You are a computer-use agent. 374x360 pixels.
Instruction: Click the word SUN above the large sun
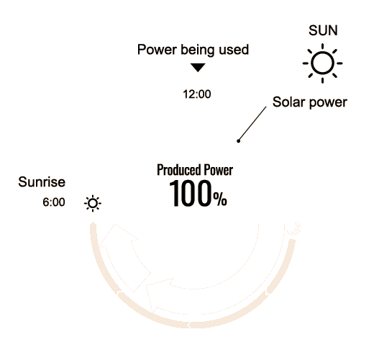323,30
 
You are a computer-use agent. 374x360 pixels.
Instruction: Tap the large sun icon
322,63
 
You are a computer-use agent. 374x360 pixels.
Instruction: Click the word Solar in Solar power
289,102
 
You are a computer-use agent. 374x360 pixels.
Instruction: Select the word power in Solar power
328,103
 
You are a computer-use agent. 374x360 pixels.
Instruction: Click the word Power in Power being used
157,50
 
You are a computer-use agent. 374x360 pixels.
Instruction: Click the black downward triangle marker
198,67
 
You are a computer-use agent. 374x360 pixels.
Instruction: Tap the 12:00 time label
197,94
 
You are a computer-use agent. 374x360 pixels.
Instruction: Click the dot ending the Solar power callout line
238,141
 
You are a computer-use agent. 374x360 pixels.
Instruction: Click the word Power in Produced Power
219,170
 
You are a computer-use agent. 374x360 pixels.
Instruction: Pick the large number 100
191,194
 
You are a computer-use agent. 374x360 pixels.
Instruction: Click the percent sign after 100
220,199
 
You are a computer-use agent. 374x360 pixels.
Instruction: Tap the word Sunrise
42,181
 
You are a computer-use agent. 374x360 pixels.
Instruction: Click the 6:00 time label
54,202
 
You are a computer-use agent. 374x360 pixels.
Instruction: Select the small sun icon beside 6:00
93,203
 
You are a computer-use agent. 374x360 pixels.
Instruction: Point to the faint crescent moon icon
294,229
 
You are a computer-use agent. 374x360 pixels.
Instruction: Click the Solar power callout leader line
252,124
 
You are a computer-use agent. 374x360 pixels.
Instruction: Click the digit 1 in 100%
175,194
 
